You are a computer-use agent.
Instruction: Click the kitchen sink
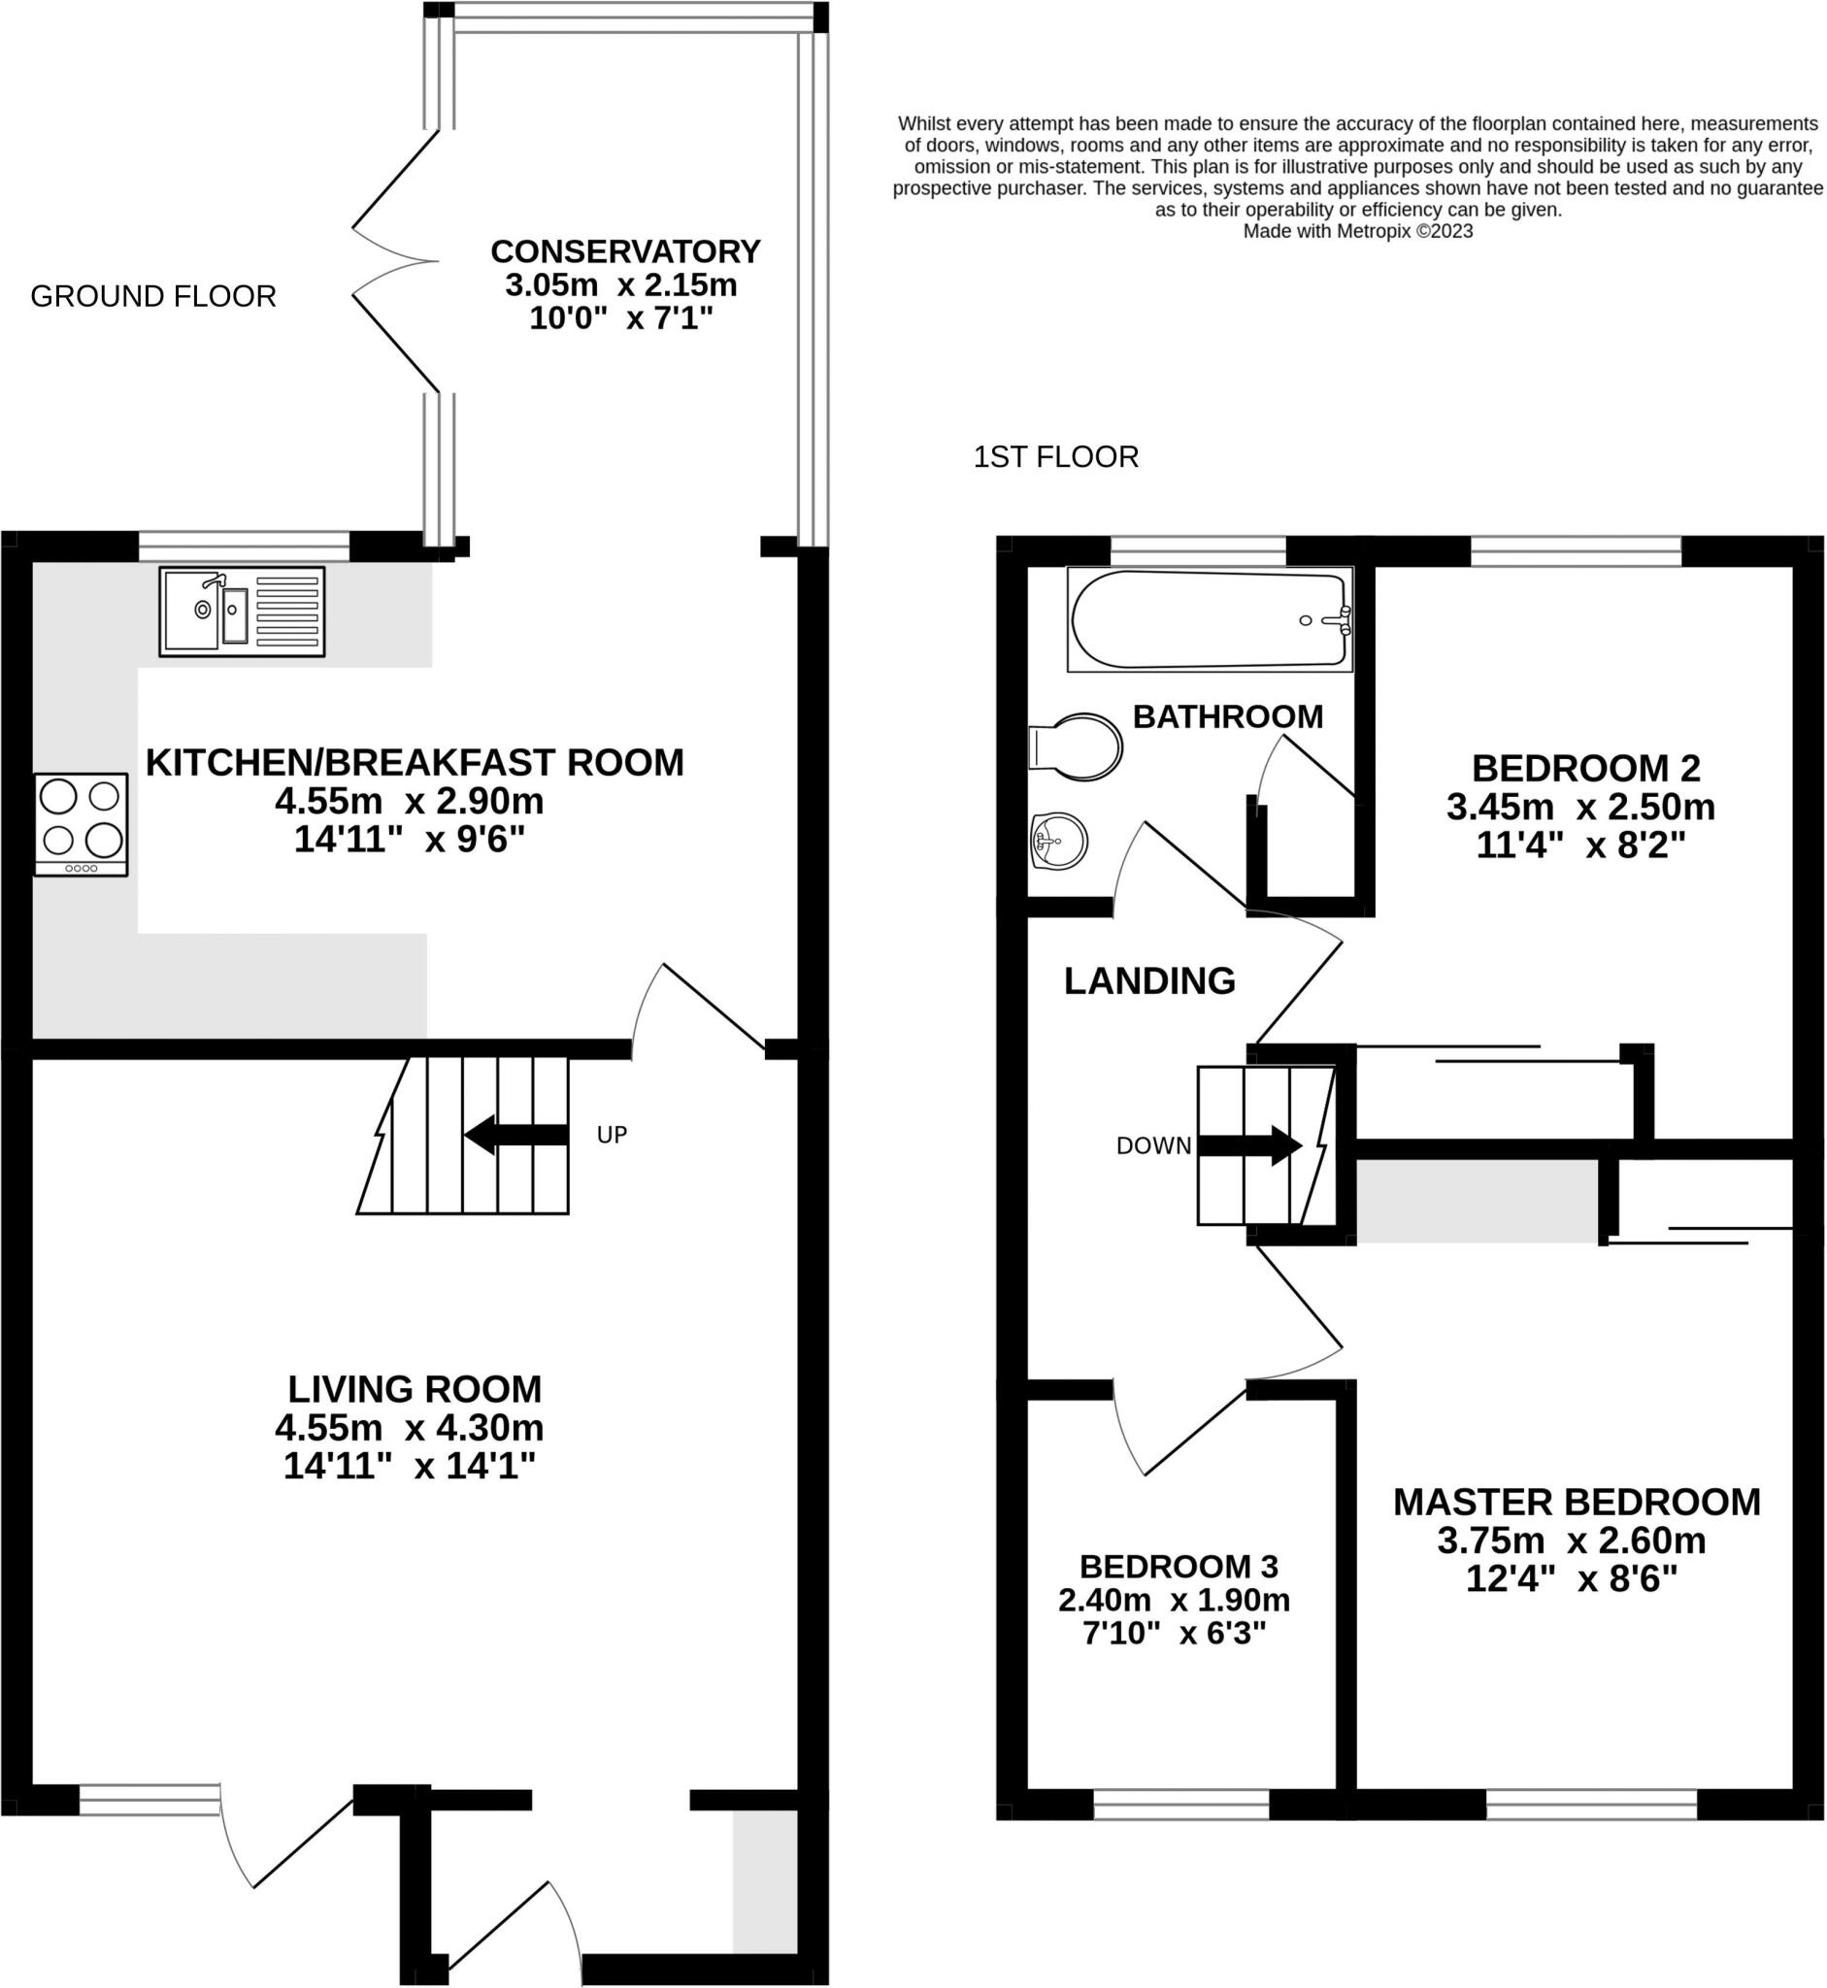click(243, 611)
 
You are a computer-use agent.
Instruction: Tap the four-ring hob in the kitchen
click(82, 824)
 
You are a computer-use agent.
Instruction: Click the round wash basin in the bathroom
click(1059, 842)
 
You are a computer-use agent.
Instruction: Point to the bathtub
click(1210, 619)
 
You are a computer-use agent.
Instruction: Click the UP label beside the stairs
click(612, 1135)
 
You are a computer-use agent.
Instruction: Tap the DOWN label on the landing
click(1153, 1145)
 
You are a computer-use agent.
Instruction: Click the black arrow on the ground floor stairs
click(516, 1134)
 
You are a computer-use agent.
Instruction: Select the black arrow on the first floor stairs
click(1250, 1145)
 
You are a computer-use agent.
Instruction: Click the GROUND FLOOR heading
click(153, 297)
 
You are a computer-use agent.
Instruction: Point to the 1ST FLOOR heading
click(1056, 457)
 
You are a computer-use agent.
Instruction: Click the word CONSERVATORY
click(626, 251)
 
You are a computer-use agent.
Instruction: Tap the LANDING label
click(1149, 980)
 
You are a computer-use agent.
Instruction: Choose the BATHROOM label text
click(1228, 716)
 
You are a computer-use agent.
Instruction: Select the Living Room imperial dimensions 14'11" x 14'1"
click(410, 1464)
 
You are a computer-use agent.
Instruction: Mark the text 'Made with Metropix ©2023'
click(1358, 231)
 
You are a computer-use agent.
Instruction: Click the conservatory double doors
click(395, 261)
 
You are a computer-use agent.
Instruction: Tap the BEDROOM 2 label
click(1586, 768)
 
